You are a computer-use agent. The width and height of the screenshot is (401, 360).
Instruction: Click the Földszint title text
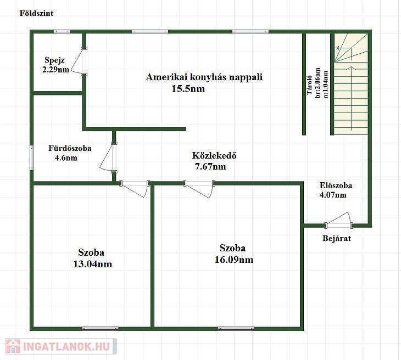[37, 13]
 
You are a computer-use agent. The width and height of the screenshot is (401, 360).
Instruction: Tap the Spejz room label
[54, 60]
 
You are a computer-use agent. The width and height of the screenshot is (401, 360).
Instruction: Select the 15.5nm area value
[188, 89]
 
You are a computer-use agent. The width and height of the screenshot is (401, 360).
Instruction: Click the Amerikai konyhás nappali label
[204, 77]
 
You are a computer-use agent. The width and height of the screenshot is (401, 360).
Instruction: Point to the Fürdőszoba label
[70, 148]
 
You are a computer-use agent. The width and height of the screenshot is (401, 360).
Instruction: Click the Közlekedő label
[214, 155]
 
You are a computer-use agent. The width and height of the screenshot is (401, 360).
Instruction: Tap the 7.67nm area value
[210, 167]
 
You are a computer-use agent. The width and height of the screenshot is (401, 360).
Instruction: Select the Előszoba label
[336, 185]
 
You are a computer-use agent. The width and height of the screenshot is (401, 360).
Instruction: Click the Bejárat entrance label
[337, 238]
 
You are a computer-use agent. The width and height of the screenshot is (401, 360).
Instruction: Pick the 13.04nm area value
[93, 264]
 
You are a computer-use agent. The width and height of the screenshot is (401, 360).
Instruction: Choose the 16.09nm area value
[234, 260]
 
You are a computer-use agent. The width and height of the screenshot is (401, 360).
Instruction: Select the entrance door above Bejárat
[339, 220]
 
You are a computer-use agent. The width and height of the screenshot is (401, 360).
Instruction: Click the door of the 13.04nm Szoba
[135, 189]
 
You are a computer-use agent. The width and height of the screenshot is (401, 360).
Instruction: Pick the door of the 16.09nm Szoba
[199, 189]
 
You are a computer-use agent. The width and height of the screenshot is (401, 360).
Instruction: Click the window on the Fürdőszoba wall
[32, 158]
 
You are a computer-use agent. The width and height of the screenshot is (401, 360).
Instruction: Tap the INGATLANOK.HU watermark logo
[61, 346]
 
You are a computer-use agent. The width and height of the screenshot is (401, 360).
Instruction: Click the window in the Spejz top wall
[62, 32]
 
